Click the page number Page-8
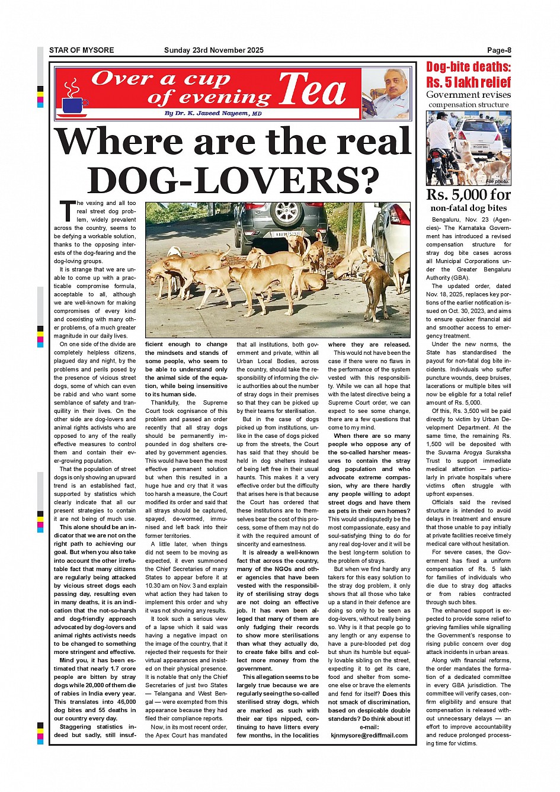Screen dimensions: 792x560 tap(499, 50)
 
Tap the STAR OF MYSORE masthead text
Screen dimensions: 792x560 tap(81, 50)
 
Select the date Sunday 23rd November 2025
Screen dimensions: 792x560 tap(213, 50)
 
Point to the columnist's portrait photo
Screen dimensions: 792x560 tap(386, 94)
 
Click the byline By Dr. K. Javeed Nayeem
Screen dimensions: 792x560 tap(213, 113)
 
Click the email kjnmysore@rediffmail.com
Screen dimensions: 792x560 tap(369, 735)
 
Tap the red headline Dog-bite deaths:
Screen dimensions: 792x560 tap(468, 67)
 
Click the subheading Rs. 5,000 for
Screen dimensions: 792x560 tap(468, 195)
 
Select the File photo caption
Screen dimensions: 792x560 tap(497, 181)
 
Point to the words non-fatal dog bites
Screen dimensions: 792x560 tap(468, 208)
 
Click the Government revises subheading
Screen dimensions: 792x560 tap(468, 95)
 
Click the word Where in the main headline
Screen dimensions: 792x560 tap(118, 142)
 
